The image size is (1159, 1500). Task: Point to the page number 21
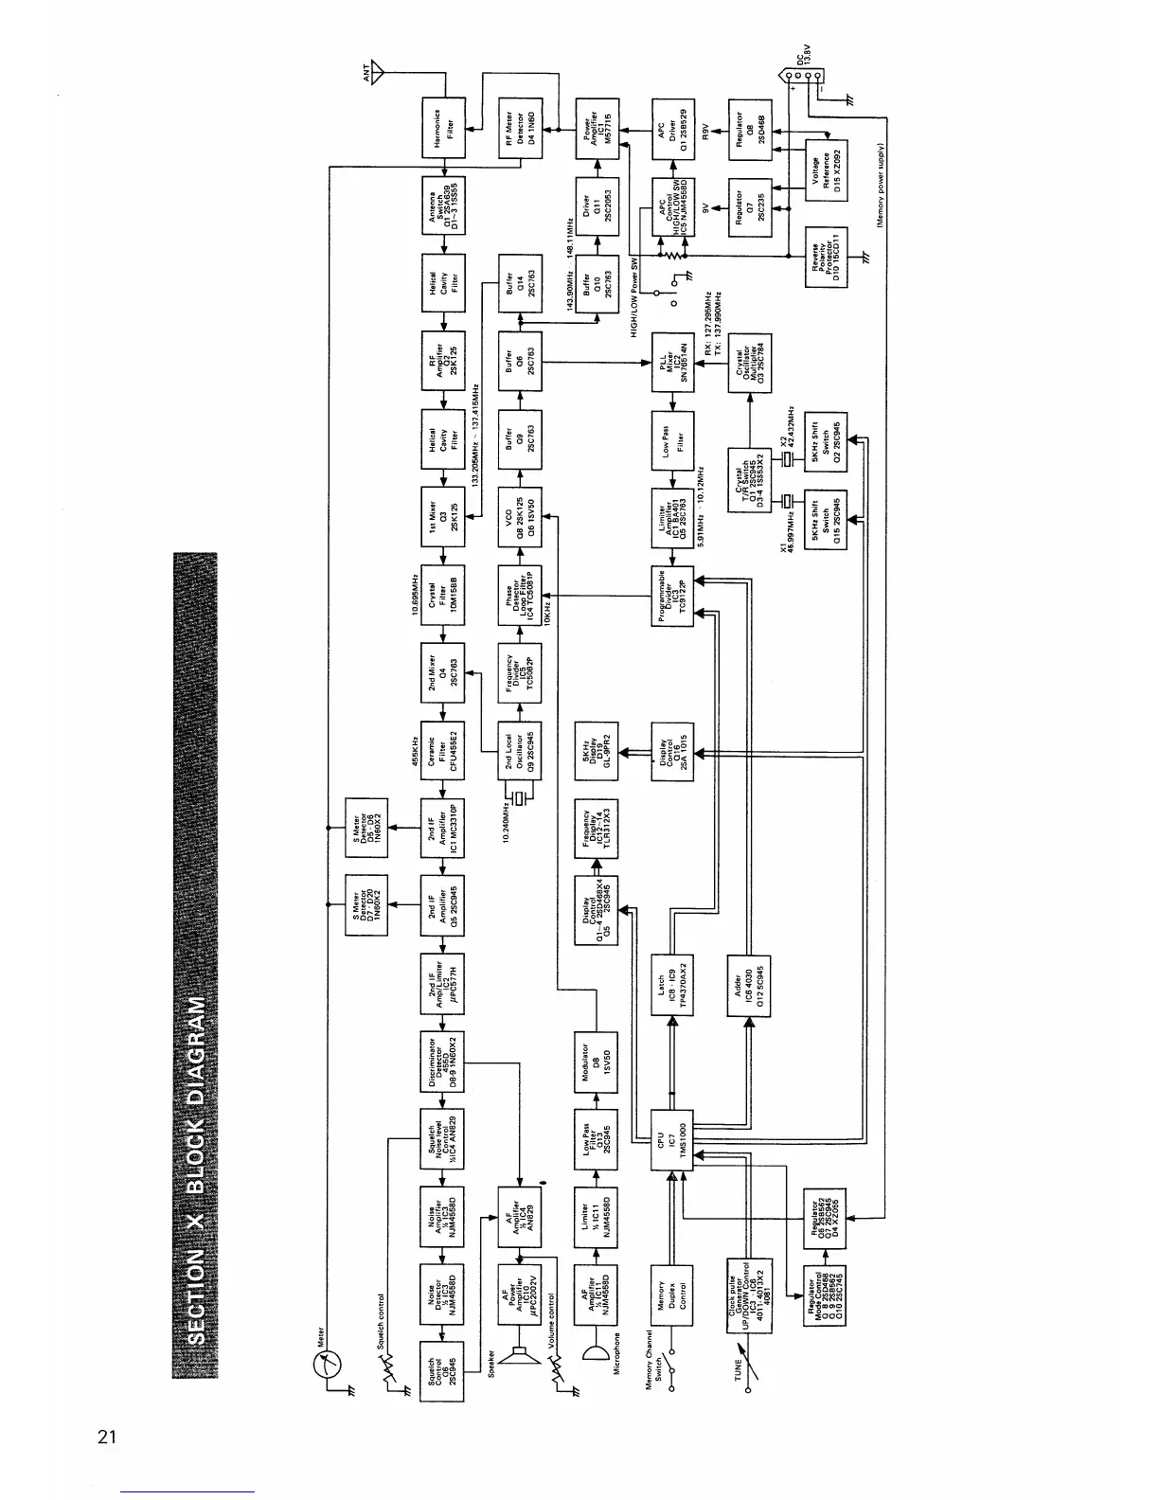[107, 1437]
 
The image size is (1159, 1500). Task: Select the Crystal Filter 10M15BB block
[442, 595]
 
